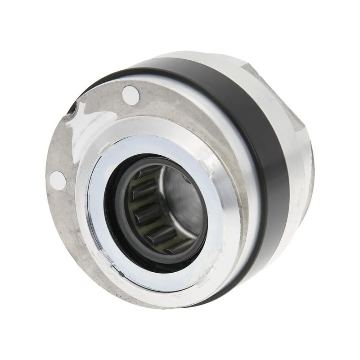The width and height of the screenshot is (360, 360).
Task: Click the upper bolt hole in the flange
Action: coord(130,95)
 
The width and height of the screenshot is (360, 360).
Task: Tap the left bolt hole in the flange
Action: coord(58,180)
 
